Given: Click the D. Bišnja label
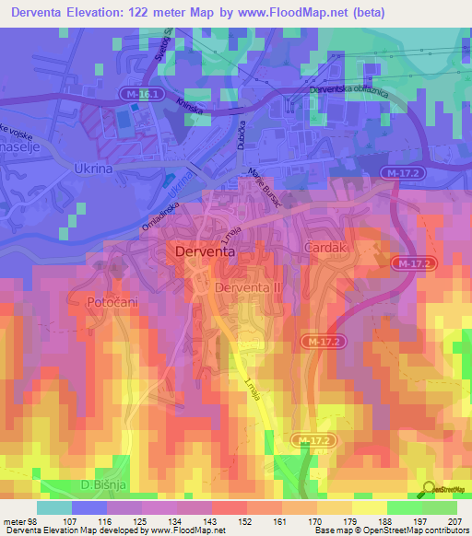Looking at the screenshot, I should pos(96,485).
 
